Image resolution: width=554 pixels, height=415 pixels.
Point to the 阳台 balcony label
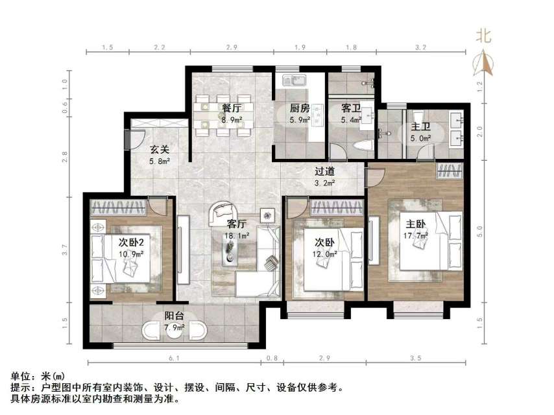click(x=174, y=316)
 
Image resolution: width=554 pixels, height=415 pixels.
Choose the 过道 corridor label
click(x=325, y=171)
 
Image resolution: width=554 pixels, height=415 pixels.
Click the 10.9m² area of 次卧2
click(x=132, y=254)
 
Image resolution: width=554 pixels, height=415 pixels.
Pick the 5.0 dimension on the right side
click(x=480, y=228)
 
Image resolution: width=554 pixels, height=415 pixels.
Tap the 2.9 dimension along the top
click(x=232, y=48)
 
